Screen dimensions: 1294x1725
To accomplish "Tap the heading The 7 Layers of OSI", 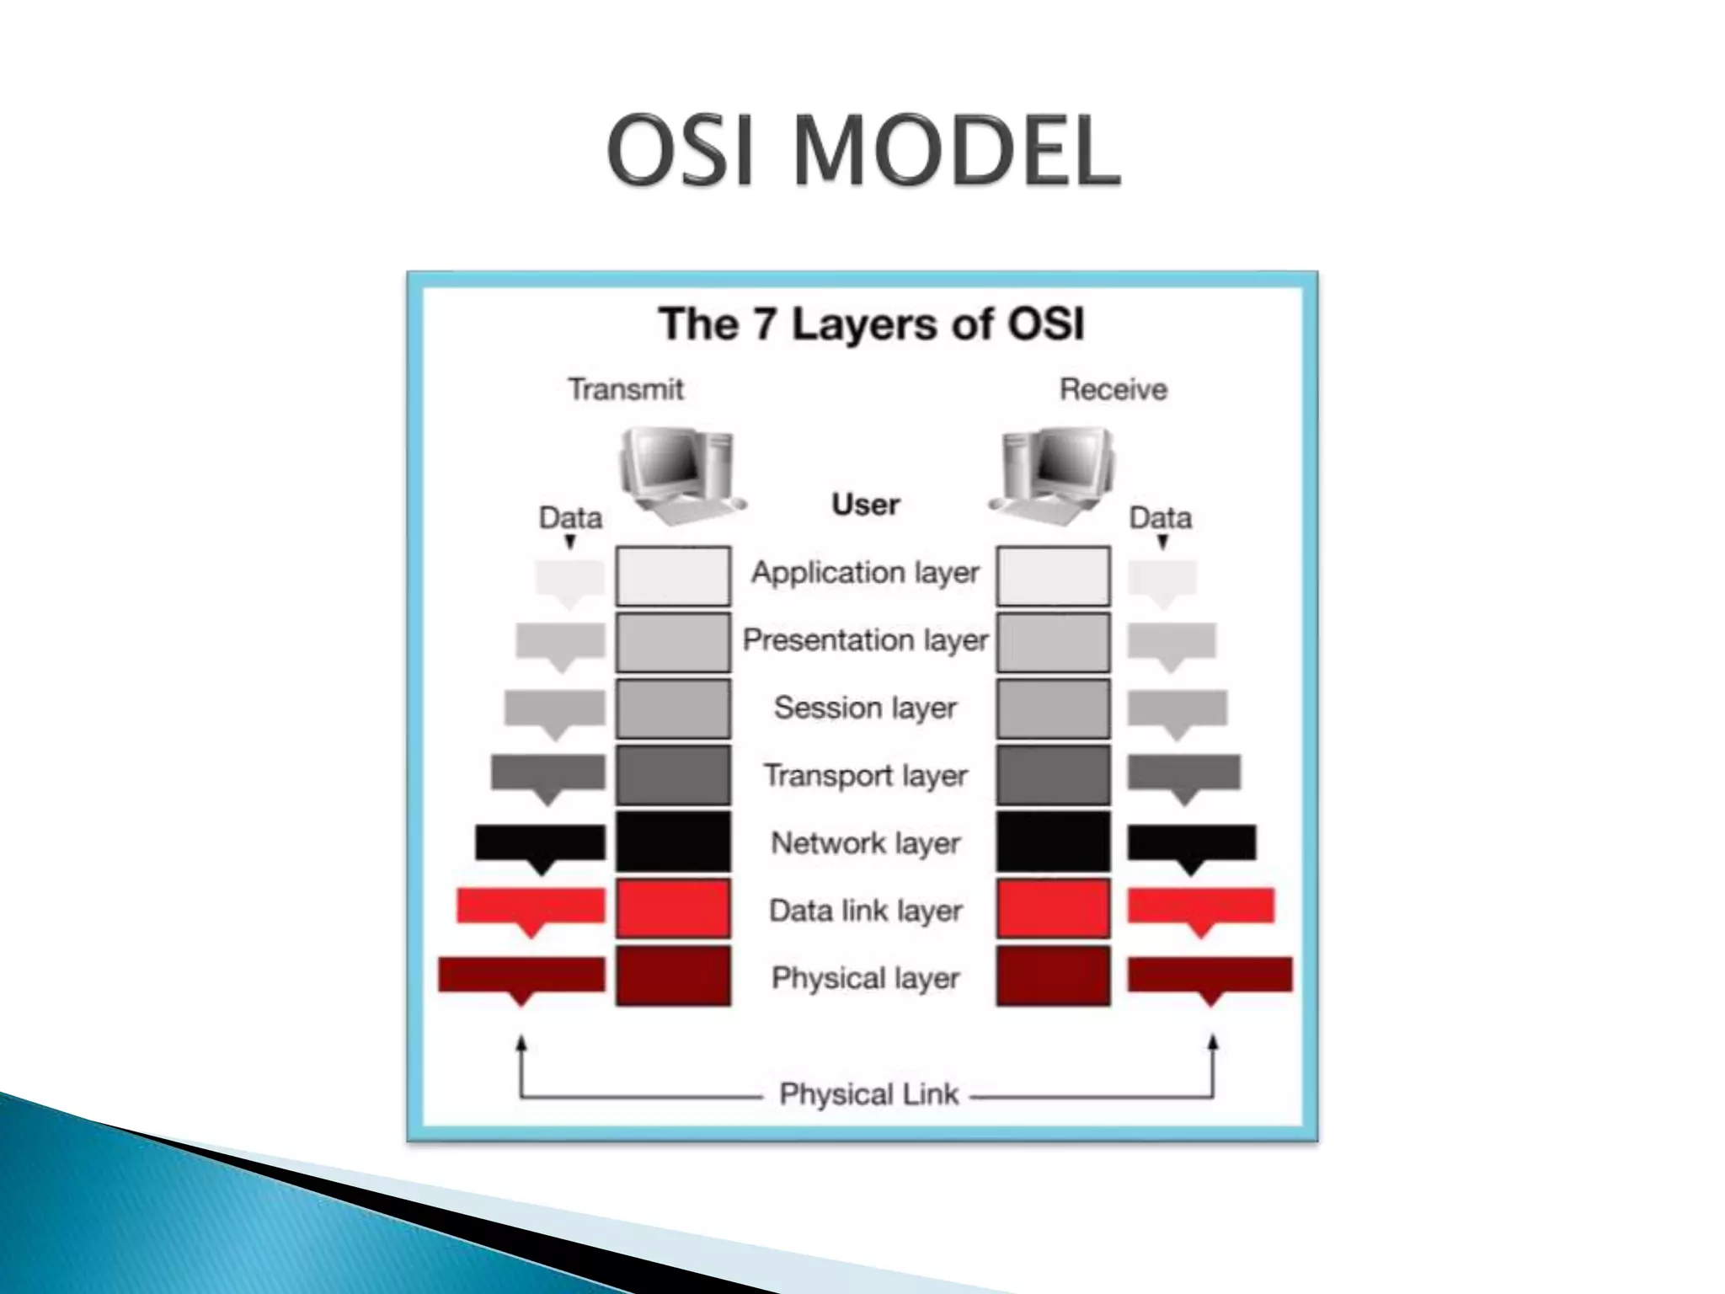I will [x=871, y=324].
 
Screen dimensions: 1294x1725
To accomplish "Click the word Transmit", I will [x=625, y=389].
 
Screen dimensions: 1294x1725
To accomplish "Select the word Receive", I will [x=1113, y=389].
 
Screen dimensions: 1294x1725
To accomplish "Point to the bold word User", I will [x=865, y=505].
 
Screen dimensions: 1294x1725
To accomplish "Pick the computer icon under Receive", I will [x=1053, y=474].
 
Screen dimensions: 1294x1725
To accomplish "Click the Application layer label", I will [x=865, y=573].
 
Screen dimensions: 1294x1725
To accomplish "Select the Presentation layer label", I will [x=865, y=640].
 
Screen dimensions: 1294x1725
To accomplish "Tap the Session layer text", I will [x=865, y=708].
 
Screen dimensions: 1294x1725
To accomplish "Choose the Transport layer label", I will [x=865, y=775].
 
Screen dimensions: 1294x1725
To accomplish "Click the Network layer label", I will [x=865, y=842].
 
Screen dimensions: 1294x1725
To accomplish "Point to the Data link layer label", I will [x=865, y=911].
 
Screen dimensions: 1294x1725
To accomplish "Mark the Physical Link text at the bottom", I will [x=868, y=1094].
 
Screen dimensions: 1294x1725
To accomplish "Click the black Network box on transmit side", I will [x=673, y=842].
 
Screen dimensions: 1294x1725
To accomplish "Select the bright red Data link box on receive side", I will [x=1053, y=909].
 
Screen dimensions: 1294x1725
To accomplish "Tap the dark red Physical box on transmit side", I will [x=673, y=976].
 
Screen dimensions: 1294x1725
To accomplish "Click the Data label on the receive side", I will [x=1160, y=517].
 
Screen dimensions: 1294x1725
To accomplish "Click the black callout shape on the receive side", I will [x=1191, y=844].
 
